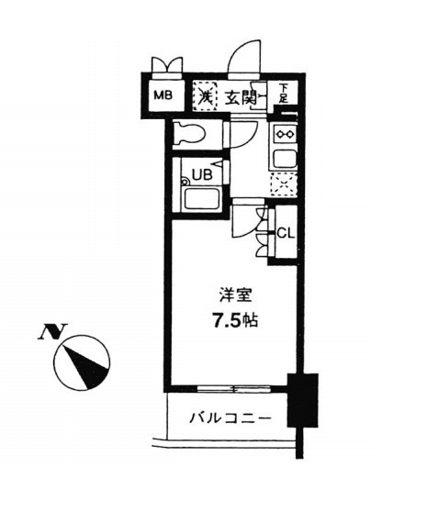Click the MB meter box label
point(163,95)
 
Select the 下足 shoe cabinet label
point(284,94)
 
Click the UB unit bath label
point(202,174)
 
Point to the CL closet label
point(286,233)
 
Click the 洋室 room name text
point(235,295)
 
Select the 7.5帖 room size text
point(235,320)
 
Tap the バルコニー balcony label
point(230,418)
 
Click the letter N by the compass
point(52,331)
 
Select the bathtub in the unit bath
point(201,198)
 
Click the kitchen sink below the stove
point(285,160)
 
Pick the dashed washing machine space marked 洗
point(205,95)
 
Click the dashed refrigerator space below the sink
point(284,184)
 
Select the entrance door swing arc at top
point(244,58)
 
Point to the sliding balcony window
point(234,389)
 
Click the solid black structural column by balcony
point(303,400)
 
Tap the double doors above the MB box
point(167,67)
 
